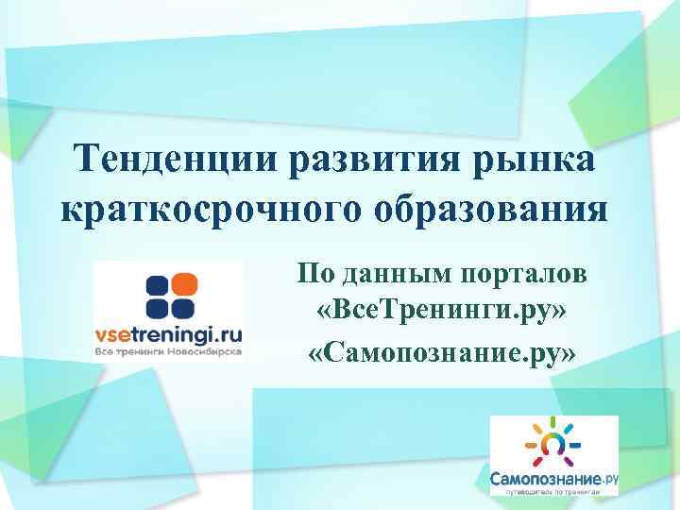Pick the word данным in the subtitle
(395, 274)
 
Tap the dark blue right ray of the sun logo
(575, 442)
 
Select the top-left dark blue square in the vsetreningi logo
(156, 284)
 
